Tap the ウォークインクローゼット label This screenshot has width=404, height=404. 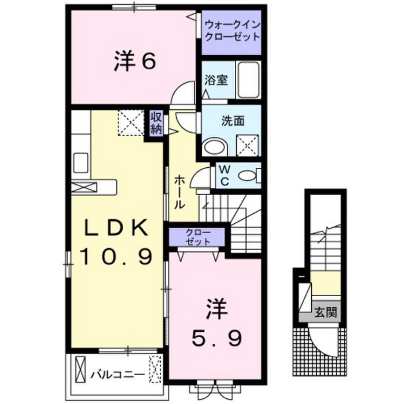pyautogui.click(x=232, y=31)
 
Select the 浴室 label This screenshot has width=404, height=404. pyautogui.click(x=216, y=80)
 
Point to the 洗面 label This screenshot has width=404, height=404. pyautogui.click(x=233, y=121)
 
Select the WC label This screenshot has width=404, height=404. pyautogui.click(x=225, y=176)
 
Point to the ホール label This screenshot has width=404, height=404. pyautogui.click(x=180, y=192)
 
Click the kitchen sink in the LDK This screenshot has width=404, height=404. pyautogui.click(x=81, y=163)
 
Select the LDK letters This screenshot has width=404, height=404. pyautogui.click(x=116, y=228)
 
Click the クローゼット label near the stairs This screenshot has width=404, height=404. pyautogui.click(x=198, y=237)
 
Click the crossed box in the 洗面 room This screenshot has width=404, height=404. pyautogui.click(x=247, y=145)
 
